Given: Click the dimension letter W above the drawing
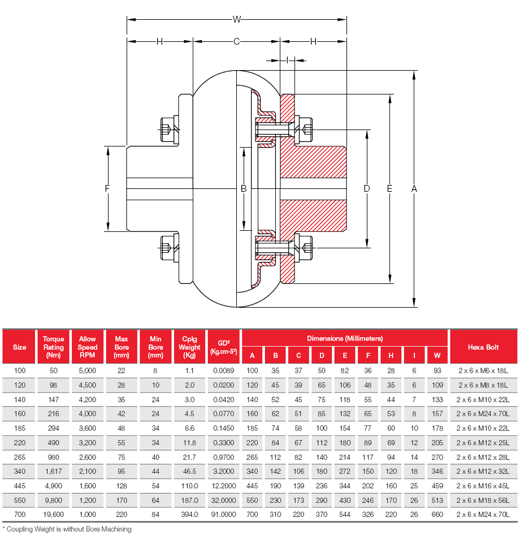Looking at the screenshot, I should (237, 19).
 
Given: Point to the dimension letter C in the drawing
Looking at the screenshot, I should (237, 41).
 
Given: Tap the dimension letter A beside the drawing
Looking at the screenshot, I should (414, 188).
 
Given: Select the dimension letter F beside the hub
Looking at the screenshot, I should (107, 189).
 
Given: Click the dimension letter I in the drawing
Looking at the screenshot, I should (288, 59).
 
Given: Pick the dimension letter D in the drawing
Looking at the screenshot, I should (367, 188).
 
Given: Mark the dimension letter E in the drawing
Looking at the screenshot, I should (389, 188).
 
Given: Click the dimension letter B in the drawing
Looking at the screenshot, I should (244, 188).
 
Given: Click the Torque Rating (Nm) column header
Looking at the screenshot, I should (54, 347).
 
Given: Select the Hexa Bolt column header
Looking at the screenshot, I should (483, 347).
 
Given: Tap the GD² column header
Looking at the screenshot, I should (224, 347).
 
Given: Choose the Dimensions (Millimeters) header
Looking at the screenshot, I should (345, 338).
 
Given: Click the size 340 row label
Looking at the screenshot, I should (19, 471).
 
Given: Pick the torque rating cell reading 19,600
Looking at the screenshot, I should (54, 514).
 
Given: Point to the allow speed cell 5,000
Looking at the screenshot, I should (88, 370).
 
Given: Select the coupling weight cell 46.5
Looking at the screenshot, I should (189, 471).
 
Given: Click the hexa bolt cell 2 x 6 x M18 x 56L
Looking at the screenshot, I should (483, 499).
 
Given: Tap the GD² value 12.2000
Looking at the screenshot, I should (224, 485).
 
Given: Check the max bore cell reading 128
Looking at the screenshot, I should (122, 485).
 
